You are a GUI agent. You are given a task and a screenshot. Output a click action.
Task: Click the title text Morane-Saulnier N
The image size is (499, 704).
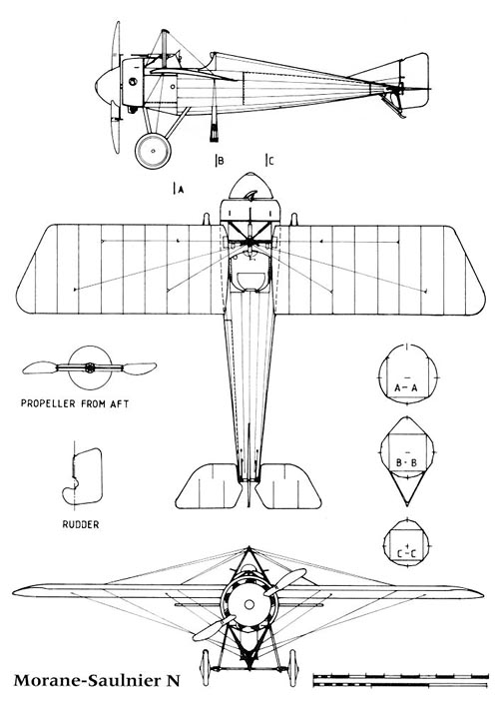(97, 680)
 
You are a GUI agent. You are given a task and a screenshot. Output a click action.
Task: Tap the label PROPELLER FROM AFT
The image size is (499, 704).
(75, 403)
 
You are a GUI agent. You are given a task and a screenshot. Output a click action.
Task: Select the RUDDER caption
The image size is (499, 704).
(81, 524)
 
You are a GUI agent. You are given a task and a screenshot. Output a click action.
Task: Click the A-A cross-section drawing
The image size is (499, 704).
(407, 373)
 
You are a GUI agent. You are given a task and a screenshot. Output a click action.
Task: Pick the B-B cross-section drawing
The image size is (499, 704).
(407, 461)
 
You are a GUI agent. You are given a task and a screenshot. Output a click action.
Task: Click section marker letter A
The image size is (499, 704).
(181, 190)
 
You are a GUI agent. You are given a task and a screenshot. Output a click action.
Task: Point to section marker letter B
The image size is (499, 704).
(221, 161)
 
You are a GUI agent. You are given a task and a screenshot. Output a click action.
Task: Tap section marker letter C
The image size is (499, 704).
(270, 161)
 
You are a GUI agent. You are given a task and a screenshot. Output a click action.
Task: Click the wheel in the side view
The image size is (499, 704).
(153, 151)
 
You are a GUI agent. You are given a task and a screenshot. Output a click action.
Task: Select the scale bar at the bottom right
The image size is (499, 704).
(401, 681)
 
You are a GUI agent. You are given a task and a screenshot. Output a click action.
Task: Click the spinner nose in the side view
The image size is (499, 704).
(107, 85)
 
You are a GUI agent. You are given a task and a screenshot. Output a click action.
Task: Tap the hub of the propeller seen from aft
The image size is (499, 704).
(90, 367)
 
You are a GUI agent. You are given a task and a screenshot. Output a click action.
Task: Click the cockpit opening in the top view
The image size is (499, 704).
(249, 281)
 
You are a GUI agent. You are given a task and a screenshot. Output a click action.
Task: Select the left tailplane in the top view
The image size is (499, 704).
(209, 486)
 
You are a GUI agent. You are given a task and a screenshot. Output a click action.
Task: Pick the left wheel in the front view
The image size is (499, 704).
(206, 667)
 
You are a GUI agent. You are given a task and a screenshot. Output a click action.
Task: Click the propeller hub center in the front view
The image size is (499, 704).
(249, 605)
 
